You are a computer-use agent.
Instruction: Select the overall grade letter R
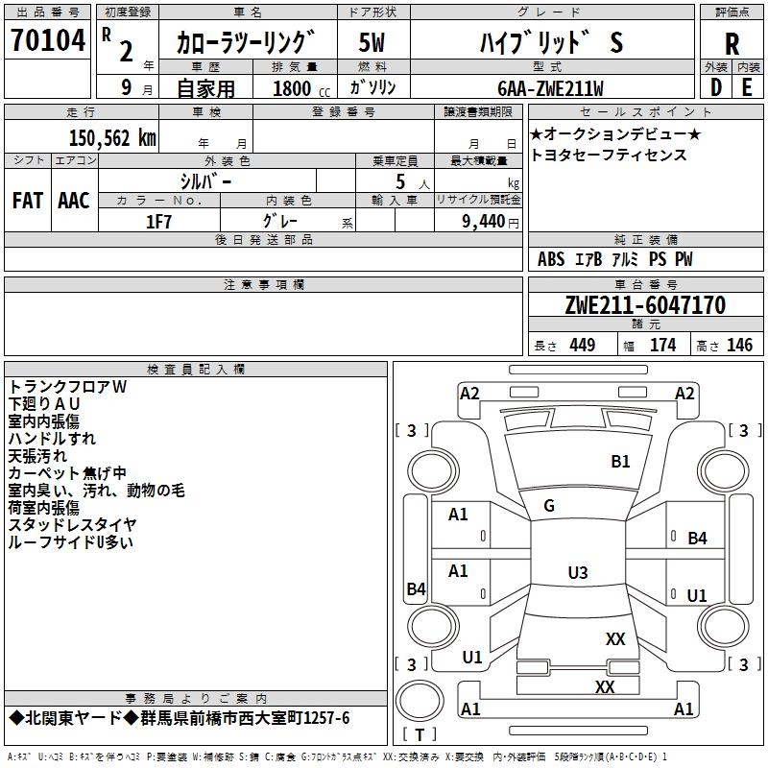[x=732, y=43]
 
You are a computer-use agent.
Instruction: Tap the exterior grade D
[x=715, y=86]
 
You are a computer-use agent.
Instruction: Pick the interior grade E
[x=747, y=86]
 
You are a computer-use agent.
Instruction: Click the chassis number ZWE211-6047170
[x=645, y=305]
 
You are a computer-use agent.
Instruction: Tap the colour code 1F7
[x=158, y=222]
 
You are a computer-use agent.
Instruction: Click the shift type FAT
[x=28, y=201]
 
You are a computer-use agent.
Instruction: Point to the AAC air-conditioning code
[x=73, y=201]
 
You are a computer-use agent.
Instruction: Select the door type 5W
[x=372, y=43]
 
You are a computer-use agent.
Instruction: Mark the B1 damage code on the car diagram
[x=621, y=461]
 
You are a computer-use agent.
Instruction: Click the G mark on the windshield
[x=549, y=505]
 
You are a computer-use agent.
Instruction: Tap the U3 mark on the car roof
[x=577, y=572]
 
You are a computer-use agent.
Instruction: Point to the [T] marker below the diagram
[x=420, y=735]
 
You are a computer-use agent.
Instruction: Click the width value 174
[x=662, y=346]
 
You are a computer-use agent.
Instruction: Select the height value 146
[x=739, y=346]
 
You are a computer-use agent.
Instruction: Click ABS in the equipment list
[x=551, y=259]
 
